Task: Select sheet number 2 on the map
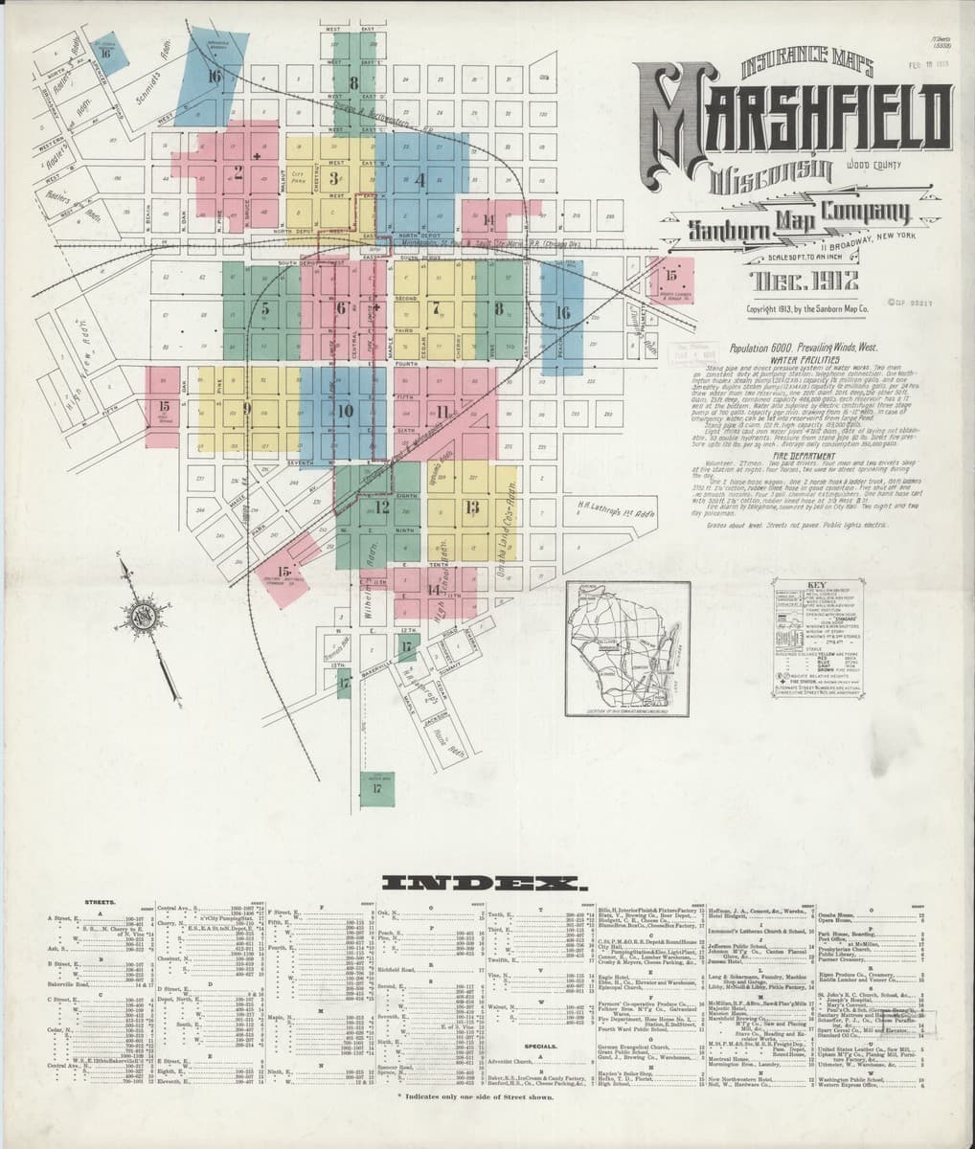[238, 173]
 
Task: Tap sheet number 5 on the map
[265, 308]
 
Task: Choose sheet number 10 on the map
[346, 410]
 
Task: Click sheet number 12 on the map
[381, 506]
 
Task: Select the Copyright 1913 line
[806, 309]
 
